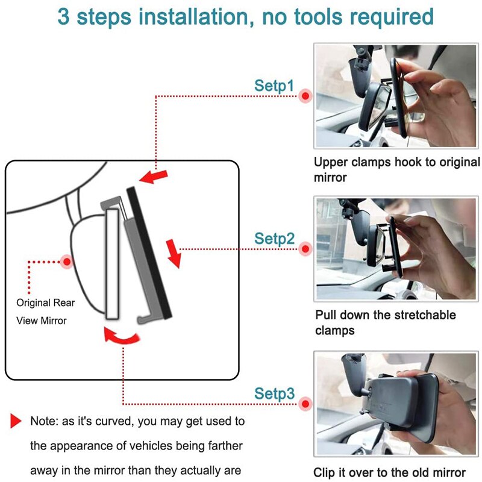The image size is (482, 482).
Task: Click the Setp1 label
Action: click(x=274, y=86)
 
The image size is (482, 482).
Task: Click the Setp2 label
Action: click(x=274, y=239)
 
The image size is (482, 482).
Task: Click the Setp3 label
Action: click(x=274, y=394)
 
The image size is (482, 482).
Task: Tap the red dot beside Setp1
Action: click(x=307, y=95)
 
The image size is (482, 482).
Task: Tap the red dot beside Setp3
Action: click(x=307, y=403)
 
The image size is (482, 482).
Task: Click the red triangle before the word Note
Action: click(x=16, y=421)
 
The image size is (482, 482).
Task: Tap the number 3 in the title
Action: click(x=64, y=16)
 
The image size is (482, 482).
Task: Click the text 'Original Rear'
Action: click(x=46, y=303)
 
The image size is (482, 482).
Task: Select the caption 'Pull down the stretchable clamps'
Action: click(x=386, y=323)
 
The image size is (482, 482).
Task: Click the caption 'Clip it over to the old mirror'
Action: click(x=389, y=473)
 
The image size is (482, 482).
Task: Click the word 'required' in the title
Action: click(x=386, y=16)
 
